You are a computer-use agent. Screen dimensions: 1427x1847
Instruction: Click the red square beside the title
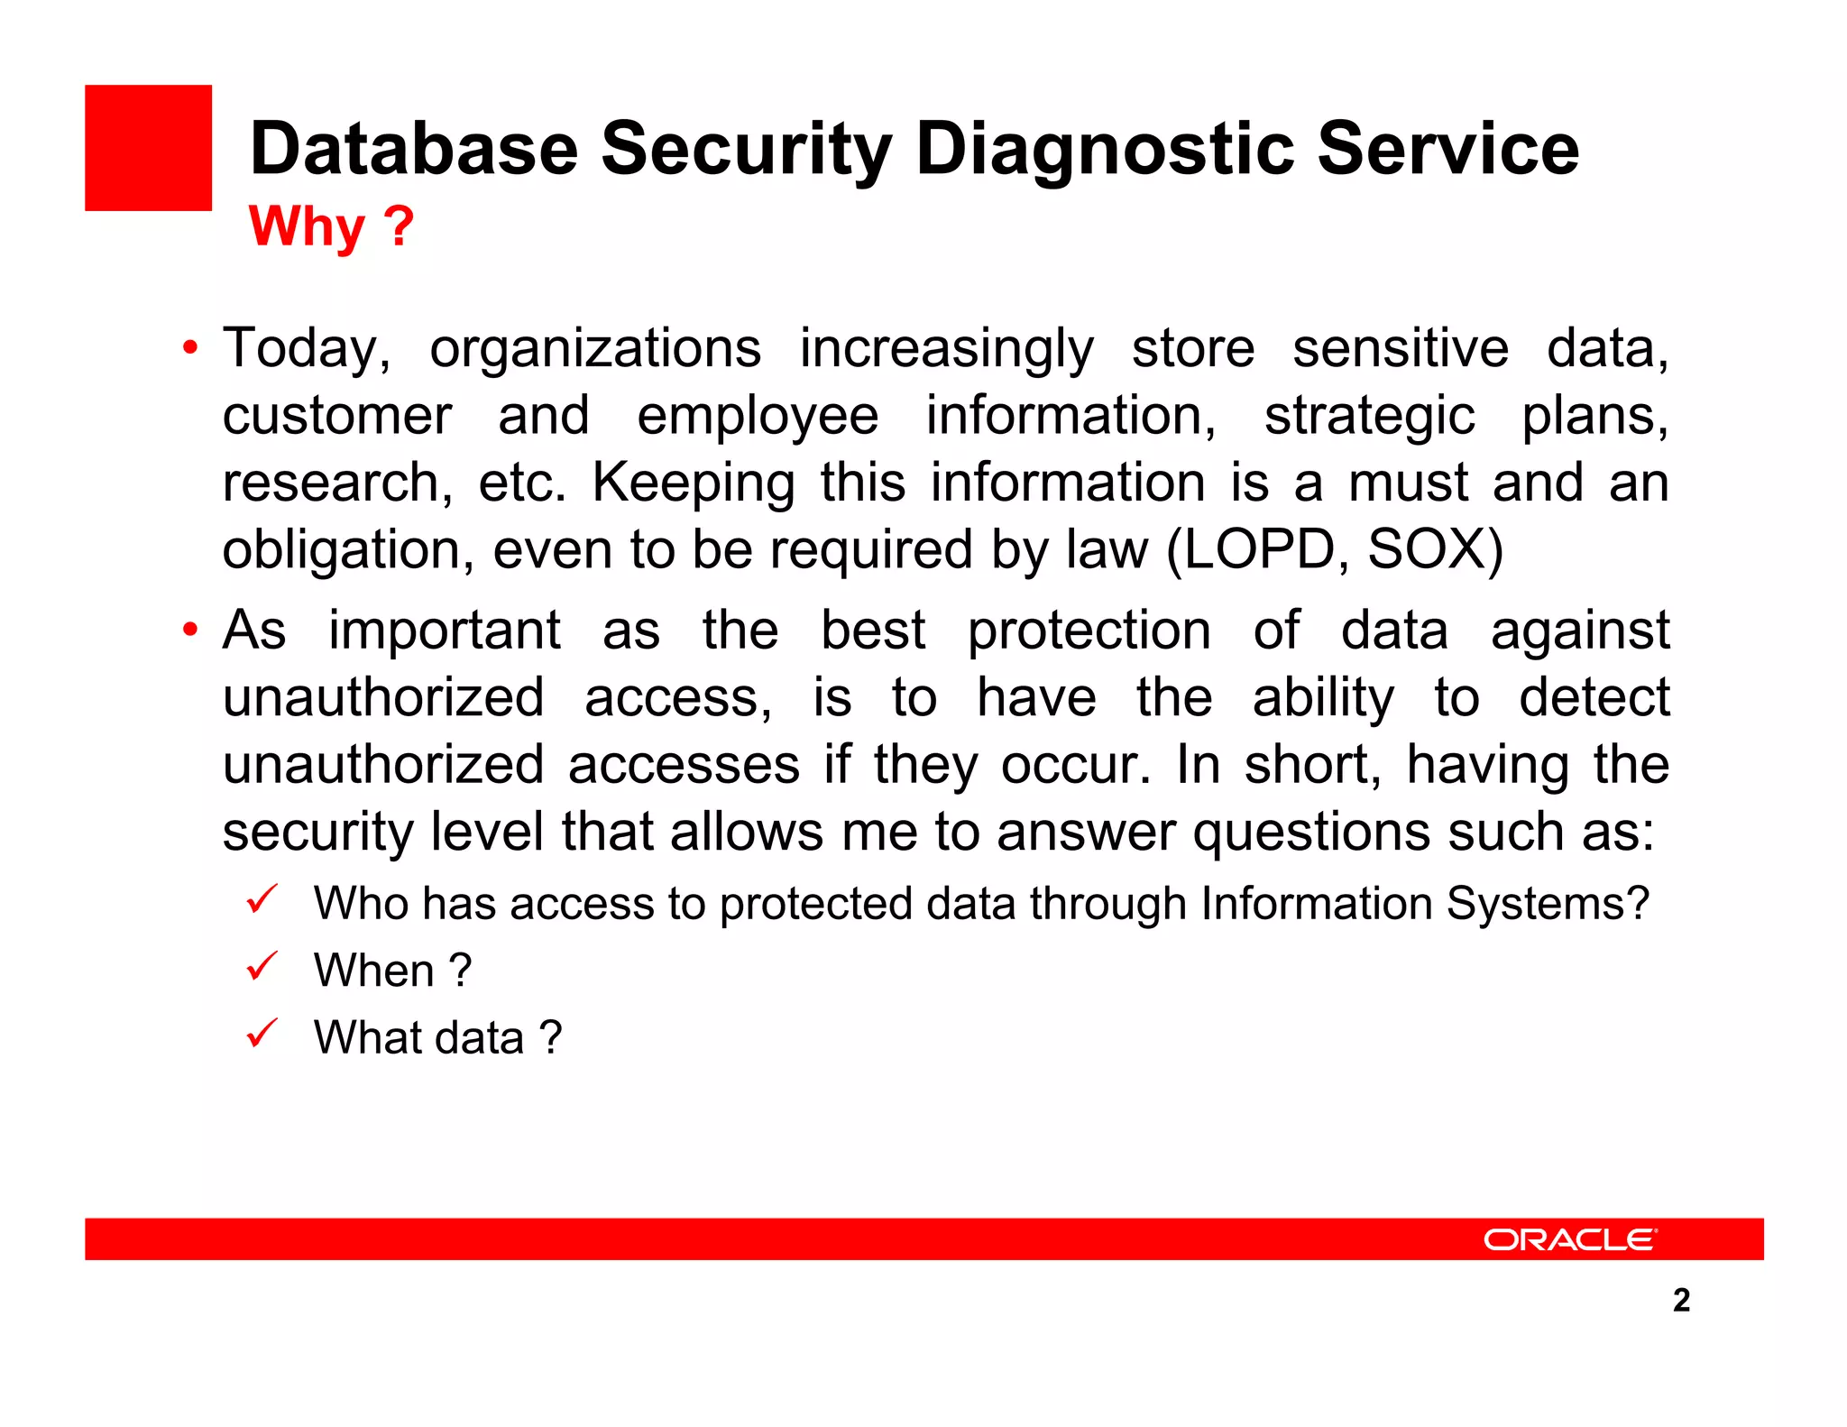tap(148, 148)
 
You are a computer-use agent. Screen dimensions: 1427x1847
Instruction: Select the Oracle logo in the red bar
tap(1570, 1239)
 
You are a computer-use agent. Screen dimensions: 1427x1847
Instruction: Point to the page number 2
tap(1681, 1300)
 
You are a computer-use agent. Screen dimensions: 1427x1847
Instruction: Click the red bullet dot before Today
tap(189, 348)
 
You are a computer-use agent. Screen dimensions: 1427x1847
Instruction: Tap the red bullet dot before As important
tap(189, 630)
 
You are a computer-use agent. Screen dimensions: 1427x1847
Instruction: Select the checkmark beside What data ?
tap(262, 1033)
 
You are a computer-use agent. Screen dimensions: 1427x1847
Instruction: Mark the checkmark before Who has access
tap(262, 899)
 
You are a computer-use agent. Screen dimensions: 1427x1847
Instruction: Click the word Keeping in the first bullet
tap(693, 483)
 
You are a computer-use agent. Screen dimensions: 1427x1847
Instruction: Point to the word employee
tap(758, 416)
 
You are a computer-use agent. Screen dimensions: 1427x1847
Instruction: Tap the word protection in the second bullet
tap(1089, 631)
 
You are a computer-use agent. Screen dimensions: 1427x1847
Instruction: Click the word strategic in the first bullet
tap(1369, 418)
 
